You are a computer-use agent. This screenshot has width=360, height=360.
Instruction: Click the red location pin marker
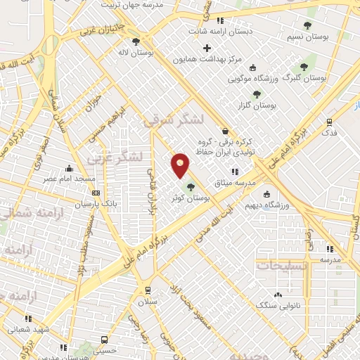[180, 165]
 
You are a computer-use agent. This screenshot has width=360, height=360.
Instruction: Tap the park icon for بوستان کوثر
[191, 187]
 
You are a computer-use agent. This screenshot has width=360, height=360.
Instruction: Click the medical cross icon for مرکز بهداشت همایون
[207, 49]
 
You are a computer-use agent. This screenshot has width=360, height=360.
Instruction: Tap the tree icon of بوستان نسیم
[307, 26]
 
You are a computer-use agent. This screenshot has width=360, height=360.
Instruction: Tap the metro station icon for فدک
[328, 121]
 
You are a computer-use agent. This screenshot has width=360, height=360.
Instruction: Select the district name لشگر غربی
[115, 156]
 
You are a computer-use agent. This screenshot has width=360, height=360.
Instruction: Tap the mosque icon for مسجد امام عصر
[69, 169]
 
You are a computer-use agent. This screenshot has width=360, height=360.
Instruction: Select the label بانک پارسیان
[79, 204]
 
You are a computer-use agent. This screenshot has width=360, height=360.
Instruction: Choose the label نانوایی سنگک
[276, 305]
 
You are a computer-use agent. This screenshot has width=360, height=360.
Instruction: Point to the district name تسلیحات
[283, 266]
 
